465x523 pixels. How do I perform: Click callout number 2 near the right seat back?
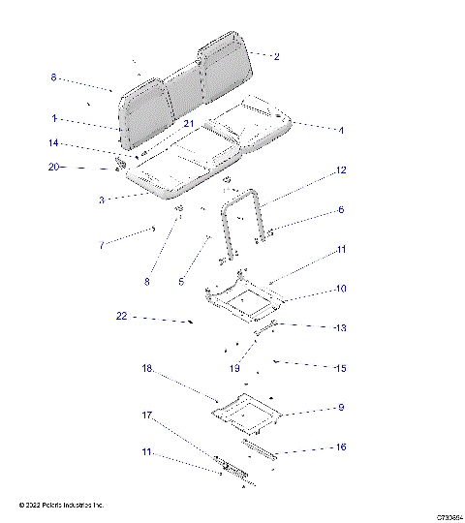click(x=276, y=57)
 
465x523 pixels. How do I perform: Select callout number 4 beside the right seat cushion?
click(x=340, y=130)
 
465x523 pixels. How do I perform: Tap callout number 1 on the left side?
click(x=55, y=118)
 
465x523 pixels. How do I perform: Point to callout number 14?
click(x=55, y=143)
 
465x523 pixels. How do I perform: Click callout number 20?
click(x=54, y=167)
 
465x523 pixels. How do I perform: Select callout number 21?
click(x=189, y=125)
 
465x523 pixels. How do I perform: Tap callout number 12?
click(x=340, y=170)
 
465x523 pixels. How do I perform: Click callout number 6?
click(x=340, y=210)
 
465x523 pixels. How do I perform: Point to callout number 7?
click(x=102, y=246)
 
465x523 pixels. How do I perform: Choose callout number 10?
click(x=341, y=289)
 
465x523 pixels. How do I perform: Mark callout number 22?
click(x=121, y=317)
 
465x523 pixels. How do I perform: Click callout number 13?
click(x=339, y=328)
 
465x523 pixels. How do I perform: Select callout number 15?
click(x=340, y=369)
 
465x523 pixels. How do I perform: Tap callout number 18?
click(x=148, y=369)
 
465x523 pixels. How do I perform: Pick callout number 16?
click(x=340, y=447)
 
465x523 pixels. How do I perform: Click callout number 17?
click(x=148, y=415)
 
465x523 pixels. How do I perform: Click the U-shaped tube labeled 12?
click(x=242, y=218)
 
